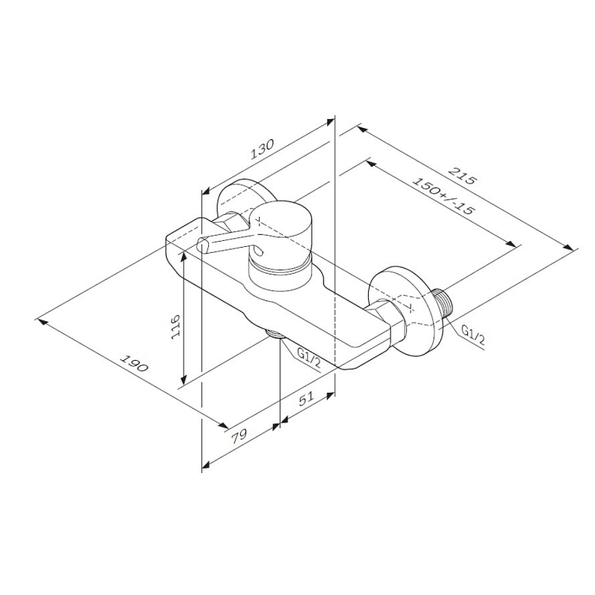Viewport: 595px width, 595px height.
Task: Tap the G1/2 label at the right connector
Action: coord(473,334)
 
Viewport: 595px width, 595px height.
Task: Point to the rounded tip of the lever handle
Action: coord(203,245)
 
